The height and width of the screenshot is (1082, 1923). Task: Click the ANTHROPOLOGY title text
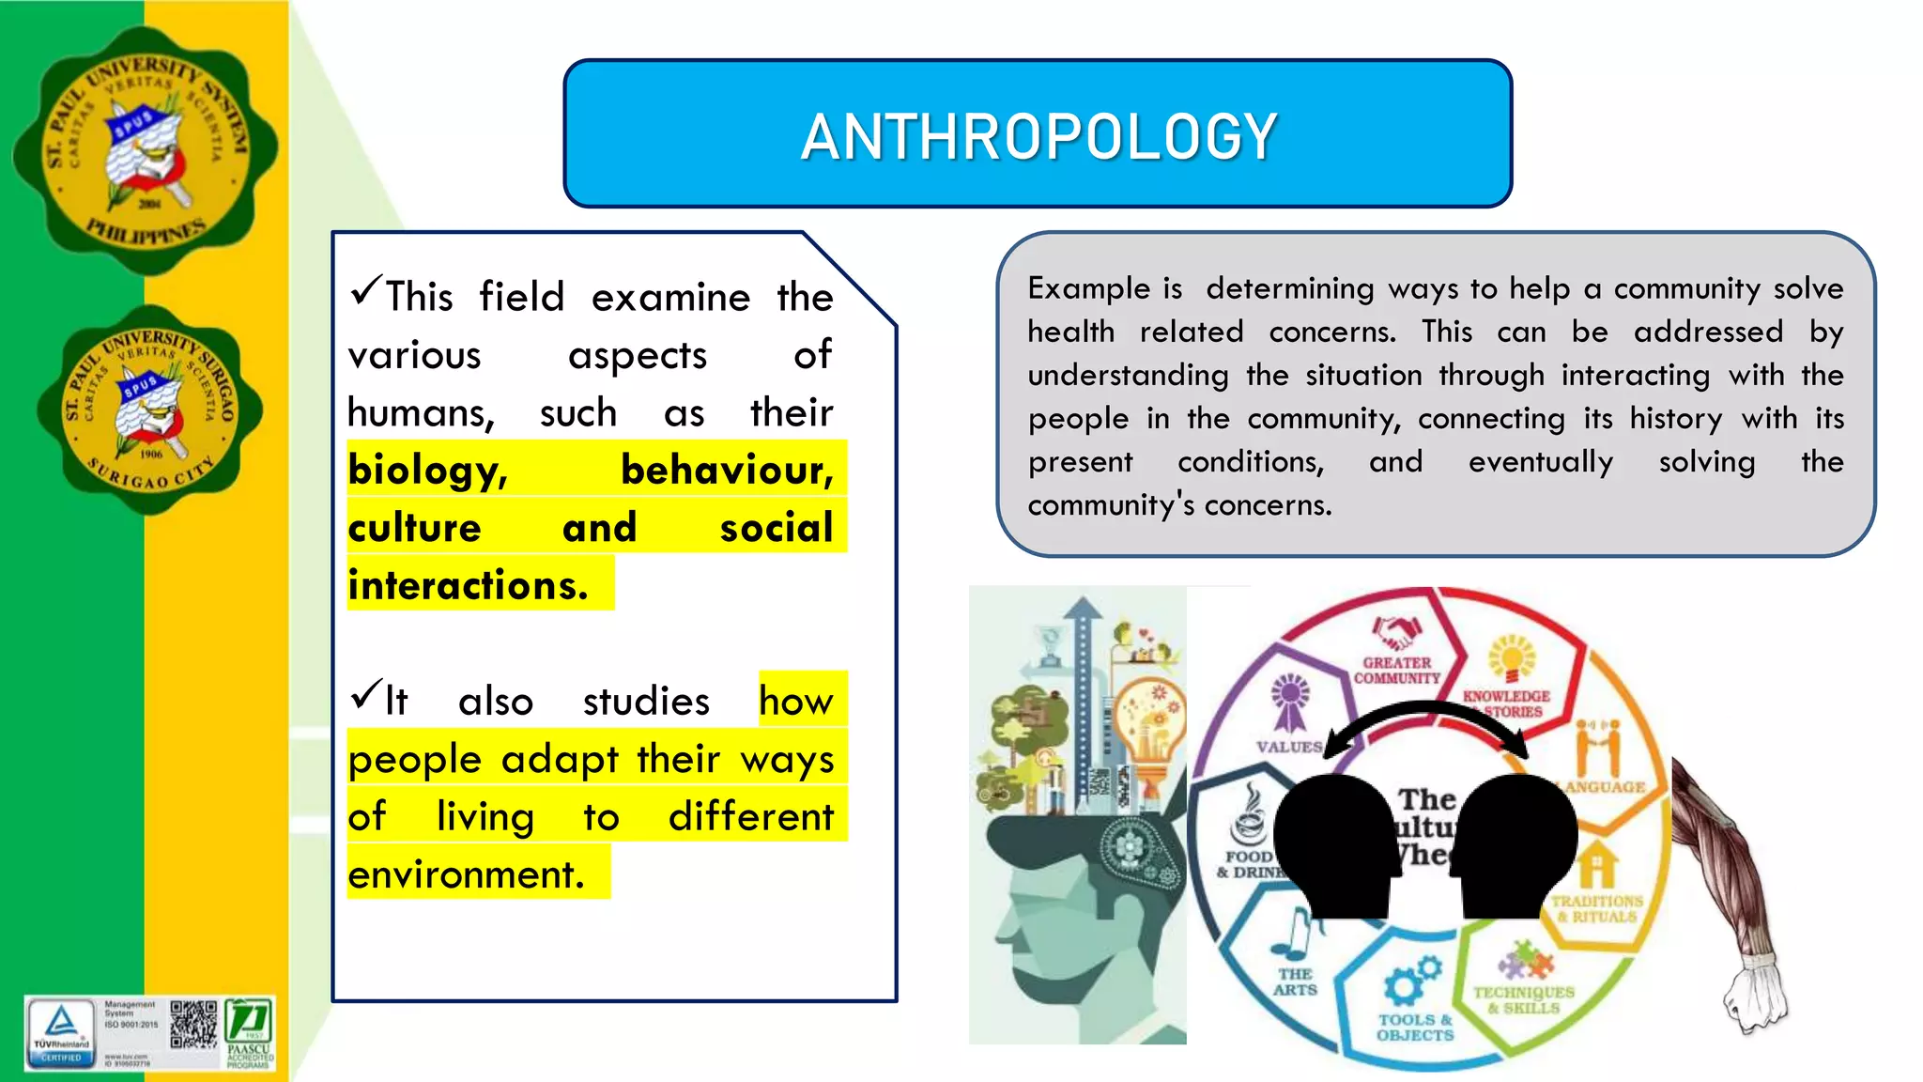(x=1038, y=137)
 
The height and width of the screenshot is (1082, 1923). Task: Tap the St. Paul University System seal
(x=146, y=150)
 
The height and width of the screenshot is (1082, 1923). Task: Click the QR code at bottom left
(x=193, y=1025)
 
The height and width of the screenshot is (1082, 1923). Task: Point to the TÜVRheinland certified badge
(x=61, y=1032)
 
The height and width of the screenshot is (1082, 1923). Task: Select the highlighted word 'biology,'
(x=427, y=470)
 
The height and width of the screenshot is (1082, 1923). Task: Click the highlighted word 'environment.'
(x=467, y=874)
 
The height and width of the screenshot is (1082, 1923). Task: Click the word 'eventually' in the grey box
(x=1540, y=462)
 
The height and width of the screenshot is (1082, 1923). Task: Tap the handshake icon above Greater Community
(x=1396, y=631)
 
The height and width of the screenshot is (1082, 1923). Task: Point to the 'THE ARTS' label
(x=1295, y=982)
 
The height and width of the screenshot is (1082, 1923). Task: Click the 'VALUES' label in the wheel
(x=1289, y=747)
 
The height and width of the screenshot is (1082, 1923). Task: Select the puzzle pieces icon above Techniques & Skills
(x=1525, y=961)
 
